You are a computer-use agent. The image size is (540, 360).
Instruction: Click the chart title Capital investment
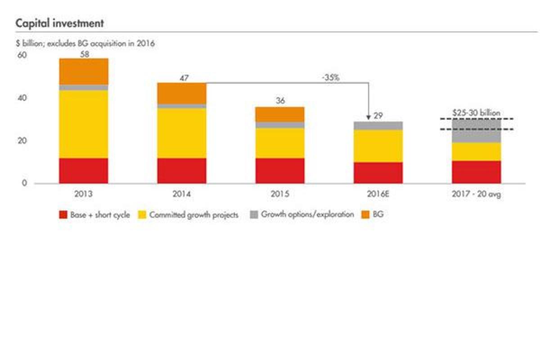click(x=60, y=23)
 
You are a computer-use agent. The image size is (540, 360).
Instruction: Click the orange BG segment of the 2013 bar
click(x=84, y=71)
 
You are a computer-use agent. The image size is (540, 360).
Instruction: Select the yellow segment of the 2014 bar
click(x=182, y=133)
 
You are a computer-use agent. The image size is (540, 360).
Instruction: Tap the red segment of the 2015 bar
click(x=280, y=171)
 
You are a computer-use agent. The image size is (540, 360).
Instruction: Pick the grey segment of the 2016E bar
click(x=378, y=126)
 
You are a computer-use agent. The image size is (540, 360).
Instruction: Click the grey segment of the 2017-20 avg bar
click(x=476, y=131)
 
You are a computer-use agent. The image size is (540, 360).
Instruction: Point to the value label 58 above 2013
click(x=84, y=54)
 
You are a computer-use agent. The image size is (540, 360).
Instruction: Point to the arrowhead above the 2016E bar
click(x=369, y=117)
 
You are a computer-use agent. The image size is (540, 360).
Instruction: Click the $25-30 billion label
click(x=476, y=113)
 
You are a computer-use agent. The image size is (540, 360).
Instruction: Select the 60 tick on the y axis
click(x=22, y=55)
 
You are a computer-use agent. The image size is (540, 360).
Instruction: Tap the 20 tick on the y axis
click(x=22, y=141)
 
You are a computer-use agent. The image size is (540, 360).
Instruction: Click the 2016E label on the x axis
click(x=378, y=194)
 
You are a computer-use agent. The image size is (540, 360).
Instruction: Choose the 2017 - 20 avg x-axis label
click(x=476, y=194)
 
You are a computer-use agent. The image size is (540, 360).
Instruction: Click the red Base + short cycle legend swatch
click(x=63, y=215)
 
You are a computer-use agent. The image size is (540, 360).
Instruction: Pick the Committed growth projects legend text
click(x=193, y=215)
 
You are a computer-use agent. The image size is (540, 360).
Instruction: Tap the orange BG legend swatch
click(x=365, y=215)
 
